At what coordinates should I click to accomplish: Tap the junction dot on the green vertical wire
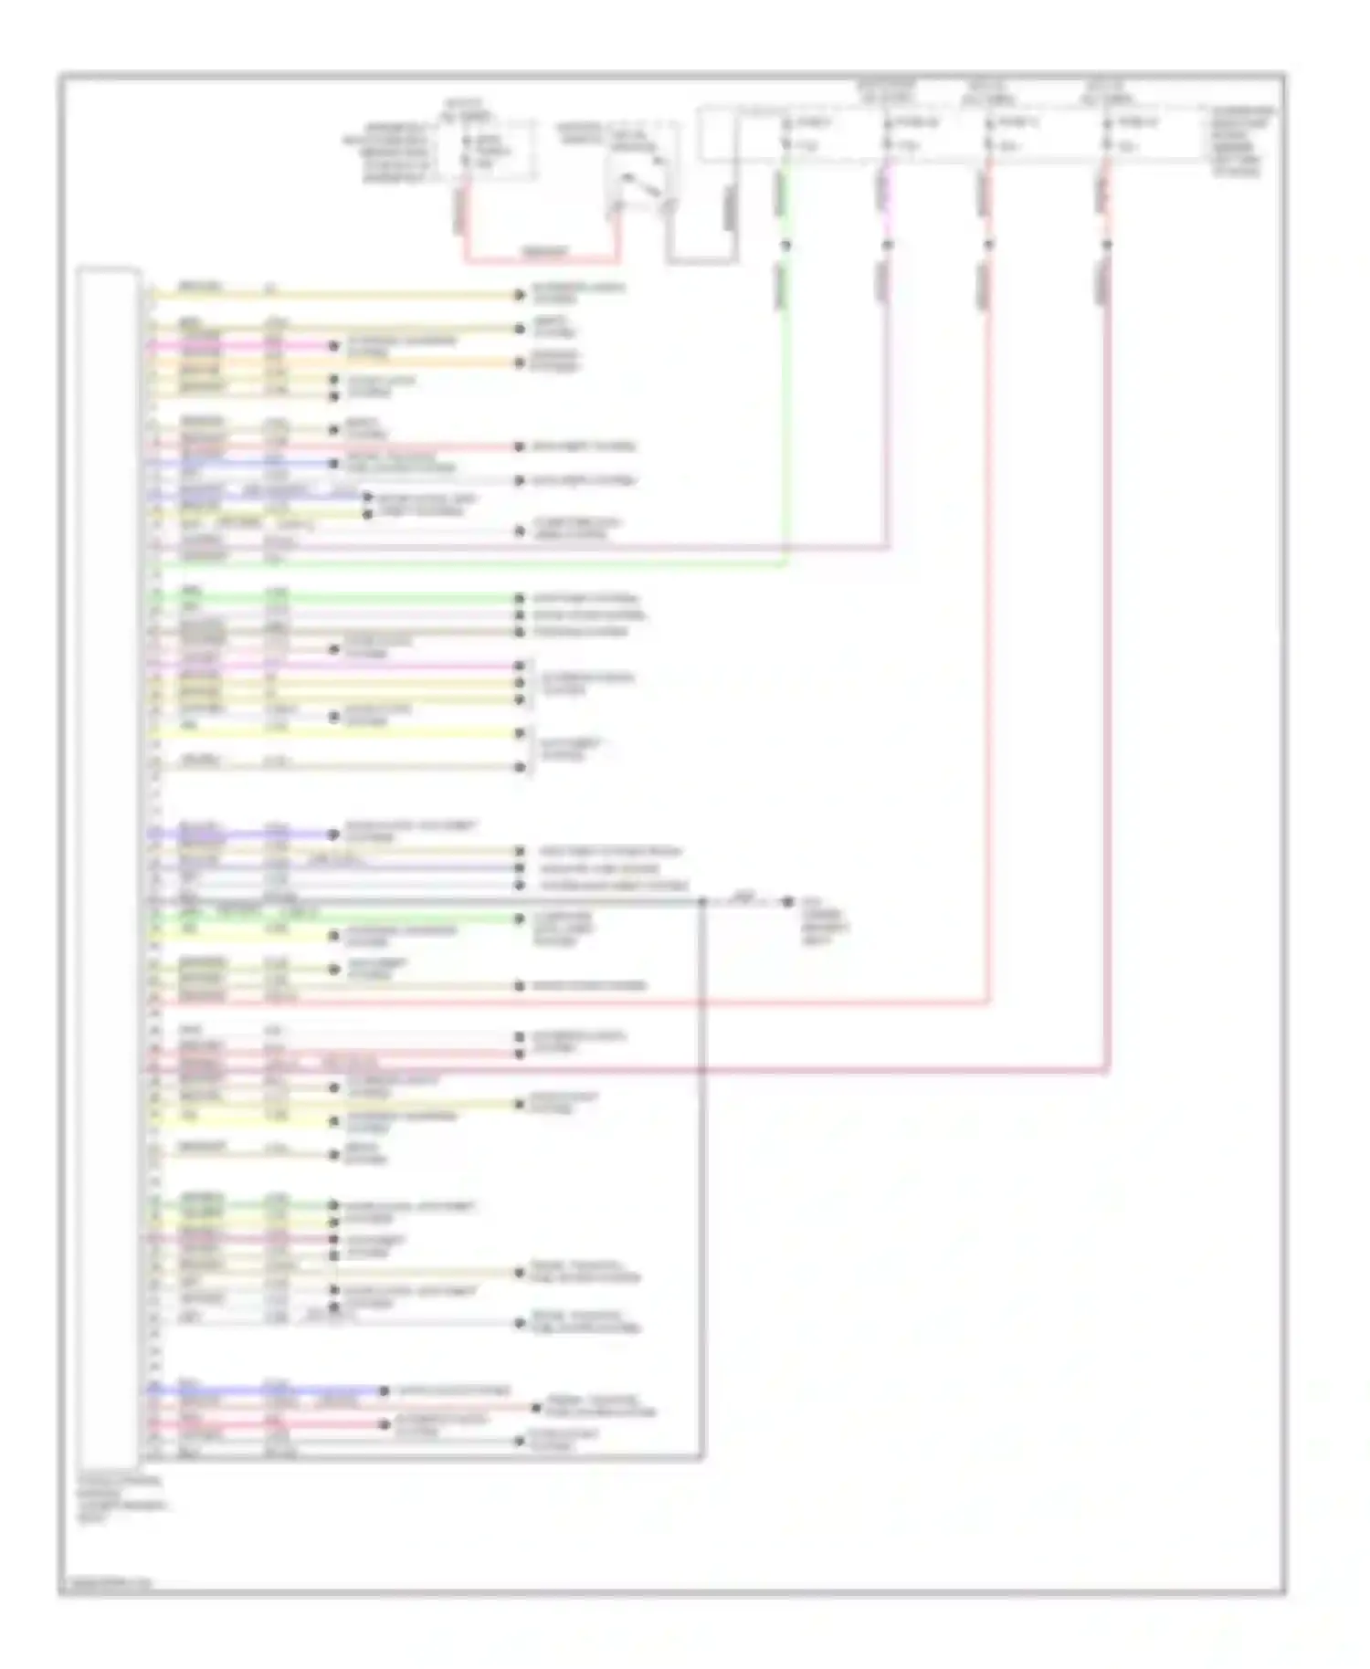pos(785,245)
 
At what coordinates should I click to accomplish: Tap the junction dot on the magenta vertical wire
pos(887,245)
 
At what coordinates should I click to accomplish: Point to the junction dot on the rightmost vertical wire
pos(1106,245)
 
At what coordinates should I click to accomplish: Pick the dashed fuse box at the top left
pos(486,149)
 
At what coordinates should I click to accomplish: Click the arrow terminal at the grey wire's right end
pos(787,901)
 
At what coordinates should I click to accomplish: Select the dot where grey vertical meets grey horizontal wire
pos(702,901)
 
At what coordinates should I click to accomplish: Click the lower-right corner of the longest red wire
pos(1106,1069)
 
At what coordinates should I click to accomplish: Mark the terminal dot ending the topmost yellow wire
pos(520,295)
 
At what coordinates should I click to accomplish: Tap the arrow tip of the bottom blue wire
pos(385,1391)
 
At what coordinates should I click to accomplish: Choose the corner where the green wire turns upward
pos(785,563)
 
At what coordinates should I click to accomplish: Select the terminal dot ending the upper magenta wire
pos(333,346)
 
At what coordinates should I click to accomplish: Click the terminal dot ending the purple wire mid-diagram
pos(333,834)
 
